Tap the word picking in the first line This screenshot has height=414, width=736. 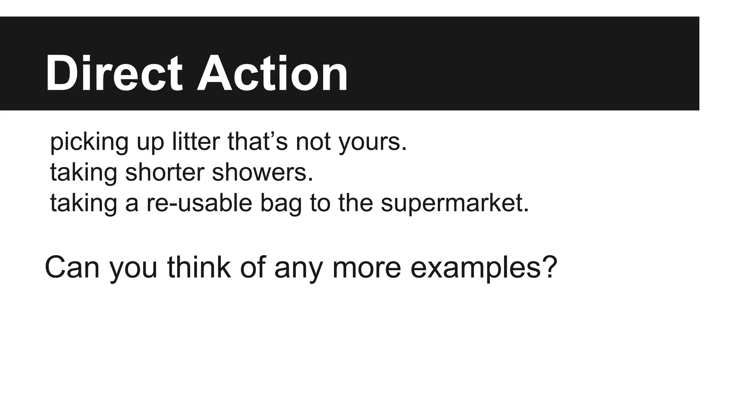pos(89,142)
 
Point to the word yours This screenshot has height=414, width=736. pos(372,143)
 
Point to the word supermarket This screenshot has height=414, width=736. pos(455,203)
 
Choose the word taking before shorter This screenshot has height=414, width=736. pos(84,172)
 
